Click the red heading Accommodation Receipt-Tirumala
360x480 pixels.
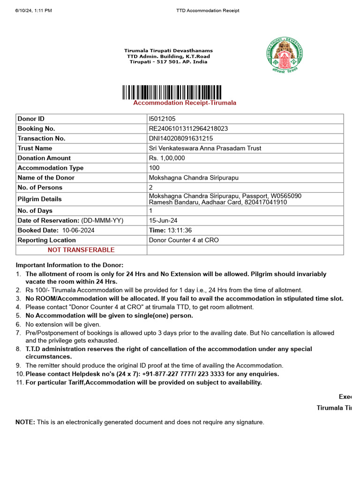pyautogui.click(x=185, y=103)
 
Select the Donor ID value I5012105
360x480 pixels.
pyautogui.click(x=162, y=119)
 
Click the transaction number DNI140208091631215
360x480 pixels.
pyautogui.click(x=181, y=139)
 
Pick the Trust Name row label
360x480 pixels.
pyautogui.click(x=35, y=149)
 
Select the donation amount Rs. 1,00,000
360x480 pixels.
pyautogui.click(x=167, y=158)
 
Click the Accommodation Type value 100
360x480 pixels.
pyautogui.click(x=154, y=168)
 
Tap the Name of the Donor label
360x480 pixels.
pyautogui.click(x=46, y=178)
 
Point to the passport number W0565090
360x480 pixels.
pyautogui.click(x=285, y=196)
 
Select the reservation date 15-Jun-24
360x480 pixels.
pyautogui.click(x=163, y=221)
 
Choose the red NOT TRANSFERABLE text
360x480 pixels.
pyautogui.click(x=81, y=250)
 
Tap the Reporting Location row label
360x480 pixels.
pyautogui.click(x=46, y=240)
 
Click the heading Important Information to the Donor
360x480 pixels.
pyautogui.click(x=70, y=265)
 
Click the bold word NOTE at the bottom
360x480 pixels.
pyautogui.click(x=25, y=423)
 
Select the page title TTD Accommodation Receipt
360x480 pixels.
pyautogui.click(x=208, y=10)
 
